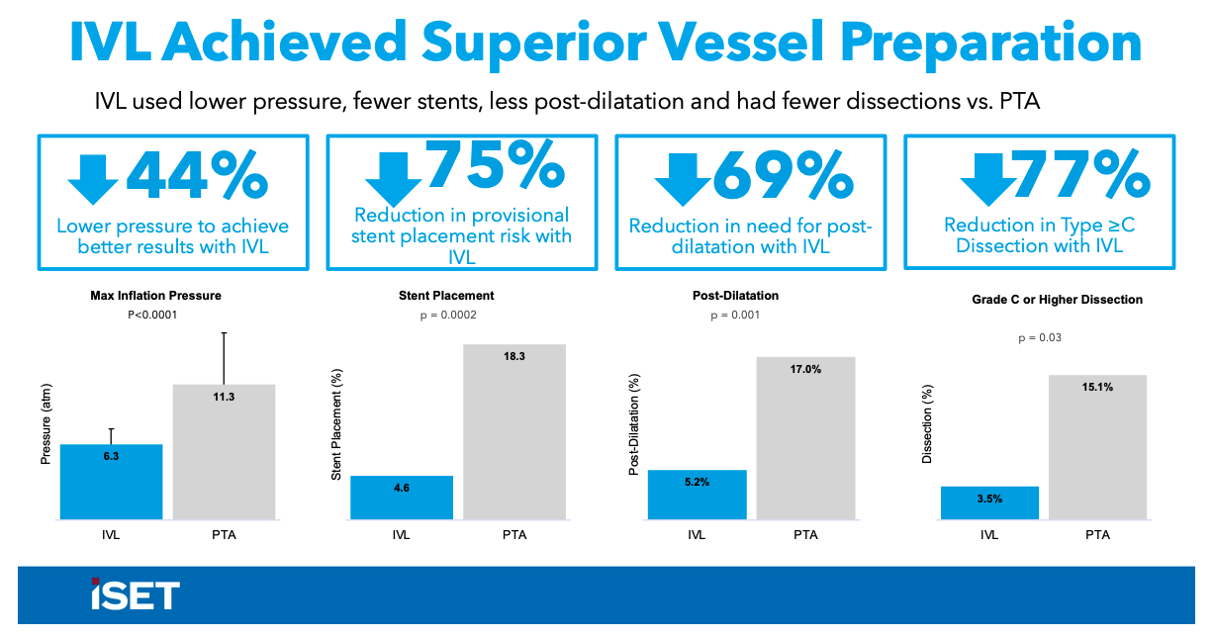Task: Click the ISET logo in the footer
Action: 135,594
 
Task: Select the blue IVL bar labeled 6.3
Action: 111,482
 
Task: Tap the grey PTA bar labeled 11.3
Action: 224,451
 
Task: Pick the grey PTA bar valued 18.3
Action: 514,431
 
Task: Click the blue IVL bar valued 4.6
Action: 402,498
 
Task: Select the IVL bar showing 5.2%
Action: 697,495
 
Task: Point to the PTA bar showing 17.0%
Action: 805,437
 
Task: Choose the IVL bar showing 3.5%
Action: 989,502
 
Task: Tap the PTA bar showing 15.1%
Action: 1097,446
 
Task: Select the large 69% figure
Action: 782,176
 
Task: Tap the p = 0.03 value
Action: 1039,337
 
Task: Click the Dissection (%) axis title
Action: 927,423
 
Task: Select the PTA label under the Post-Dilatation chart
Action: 805,535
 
